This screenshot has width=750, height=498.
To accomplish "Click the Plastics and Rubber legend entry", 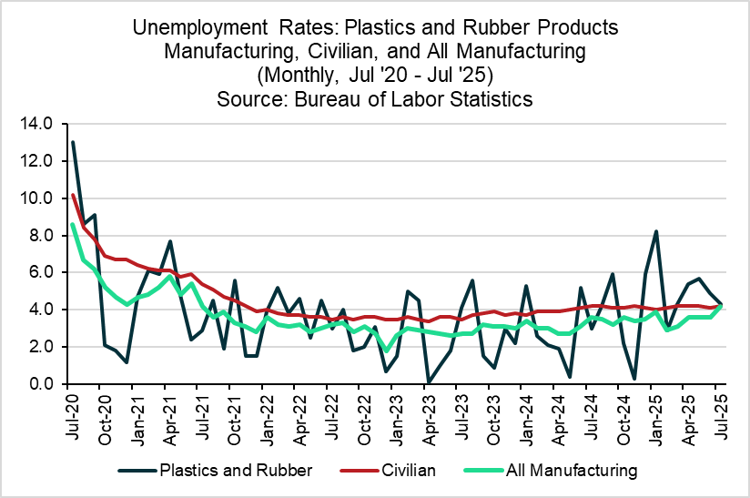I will click(216, 471).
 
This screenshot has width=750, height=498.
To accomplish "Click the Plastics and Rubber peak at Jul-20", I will click(73, 142).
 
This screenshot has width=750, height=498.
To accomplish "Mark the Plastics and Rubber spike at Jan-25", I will click(655, 231).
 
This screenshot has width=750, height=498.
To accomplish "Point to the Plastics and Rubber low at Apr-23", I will click(427, 382).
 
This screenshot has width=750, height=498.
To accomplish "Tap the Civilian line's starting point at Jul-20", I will click(73, 195).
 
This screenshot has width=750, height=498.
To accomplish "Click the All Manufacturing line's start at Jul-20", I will click(73, 224).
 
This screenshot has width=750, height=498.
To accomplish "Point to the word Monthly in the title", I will click(299, 75).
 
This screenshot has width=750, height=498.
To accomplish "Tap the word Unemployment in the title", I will click(191, 27).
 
